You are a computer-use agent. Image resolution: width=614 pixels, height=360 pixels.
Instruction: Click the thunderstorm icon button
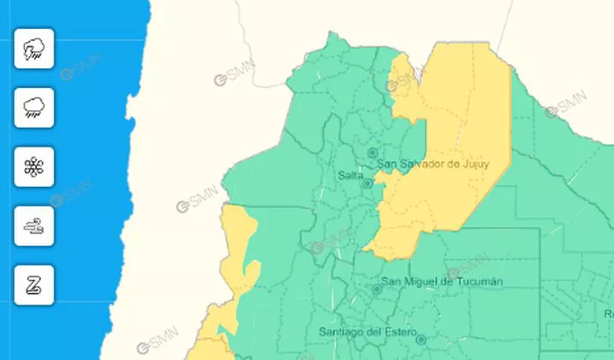click(34, 49)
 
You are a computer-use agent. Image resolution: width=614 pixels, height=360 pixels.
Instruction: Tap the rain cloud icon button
click(34, 107)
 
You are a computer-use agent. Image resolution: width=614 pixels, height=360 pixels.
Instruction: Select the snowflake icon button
click(34, 167)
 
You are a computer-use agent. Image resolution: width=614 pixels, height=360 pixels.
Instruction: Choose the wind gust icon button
click(34, 226)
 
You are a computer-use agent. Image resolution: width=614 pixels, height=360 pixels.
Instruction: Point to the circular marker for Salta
click(368, 183)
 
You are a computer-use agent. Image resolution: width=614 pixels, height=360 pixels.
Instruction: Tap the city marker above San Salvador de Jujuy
click(372, 153)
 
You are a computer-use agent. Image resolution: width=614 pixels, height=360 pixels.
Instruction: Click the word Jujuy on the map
click(473, 165)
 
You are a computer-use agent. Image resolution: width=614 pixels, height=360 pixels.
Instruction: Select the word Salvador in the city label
click(421, 165)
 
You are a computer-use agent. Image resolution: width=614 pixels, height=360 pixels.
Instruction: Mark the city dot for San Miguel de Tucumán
click(376, 289)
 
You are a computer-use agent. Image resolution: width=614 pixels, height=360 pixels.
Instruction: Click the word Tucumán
click(478, 282)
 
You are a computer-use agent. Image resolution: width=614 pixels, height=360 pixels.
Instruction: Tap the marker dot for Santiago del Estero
click(420, 340)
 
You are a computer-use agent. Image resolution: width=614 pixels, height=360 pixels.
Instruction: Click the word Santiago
click(340, 331)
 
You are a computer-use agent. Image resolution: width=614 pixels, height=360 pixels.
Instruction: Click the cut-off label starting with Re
click(608, 314)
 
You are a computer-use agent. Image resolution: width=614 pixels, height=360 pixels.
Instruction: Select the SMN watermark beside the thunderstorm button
click(81, 67)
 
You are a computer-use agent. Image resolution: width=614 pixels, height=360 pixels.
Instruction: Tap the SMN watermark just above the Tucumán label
click(466, 265)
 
